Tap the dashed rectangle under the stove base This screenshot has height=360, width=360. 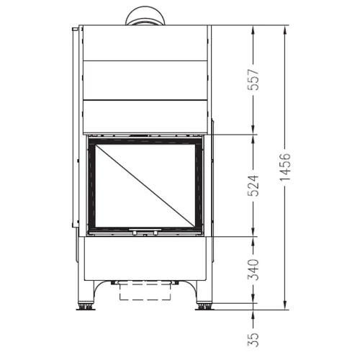coord(144,291)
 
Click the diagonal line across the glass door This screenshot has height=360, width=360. coord(145,185)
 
